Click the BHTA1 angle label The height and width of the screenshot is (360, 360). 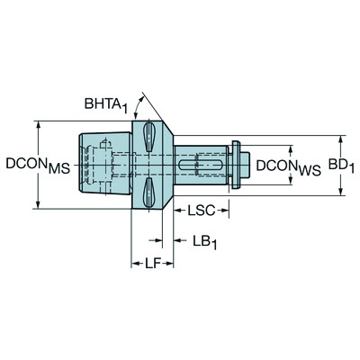(x=106, y=106)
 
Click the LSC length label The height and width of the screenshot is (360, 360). (x=200, y=211)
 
